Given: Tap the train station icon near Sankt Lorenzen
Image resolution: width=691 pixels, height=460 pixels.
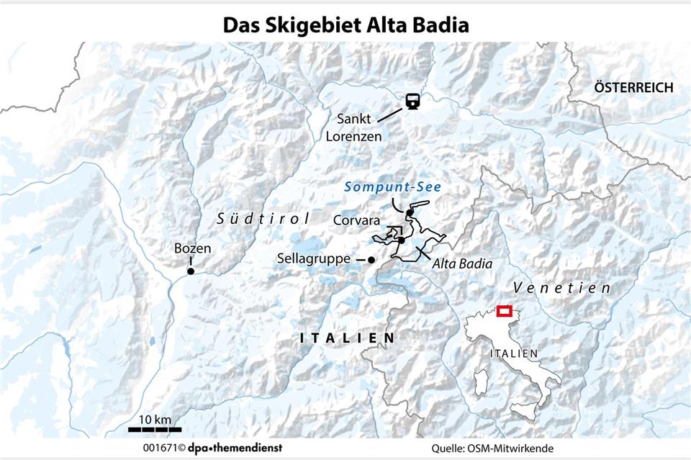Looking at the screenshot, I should (x=412, y=102).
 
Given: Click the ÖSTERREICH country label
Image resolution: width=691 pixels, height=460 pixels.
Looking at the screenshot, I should (x=633, y=88).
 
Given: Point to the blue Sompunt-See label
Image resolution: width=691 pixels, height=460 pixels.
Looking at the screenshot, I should (x=392, y=187).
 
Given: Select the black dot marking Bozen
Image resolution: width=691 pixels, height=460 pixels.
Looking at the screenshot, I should (x=191, y=271).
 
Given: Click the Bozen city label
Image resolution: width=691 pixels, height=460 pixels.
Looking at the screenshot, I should (x=192, y=249).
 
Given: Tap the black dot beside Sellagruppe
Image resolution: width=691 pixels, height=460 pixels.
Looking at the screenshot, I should (x=371, y=260).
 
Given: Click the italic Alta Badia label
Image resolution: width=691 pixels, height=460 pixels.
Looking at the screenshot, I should (x=462, y=264).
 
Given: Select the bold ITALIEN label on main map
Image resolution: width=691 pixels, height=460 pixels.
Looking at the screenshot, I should (x=347, y=338).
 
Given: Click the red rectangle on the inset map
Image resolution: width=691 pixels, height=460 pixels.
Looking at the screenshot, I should (x=504, y=311).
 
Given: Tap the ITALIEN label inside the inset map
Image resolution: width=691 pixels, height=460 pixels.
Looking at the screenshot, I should (x=513, y=353).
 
